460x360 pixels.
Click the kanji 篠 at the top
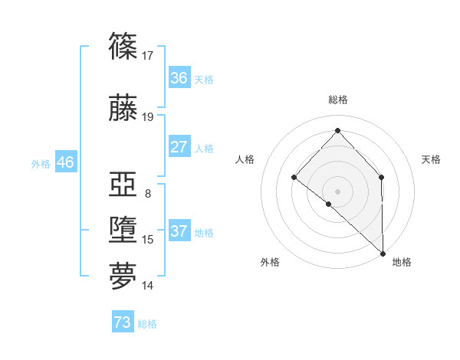point(123,47)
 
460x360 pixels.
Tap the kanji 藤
point(123,108)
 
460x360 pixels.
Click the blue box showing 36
point(179,78)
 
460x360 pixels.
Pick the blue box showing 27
point(179,147)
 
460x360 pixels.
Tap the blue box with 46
point(65,162)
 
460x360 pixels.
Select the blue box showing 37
point(179,231)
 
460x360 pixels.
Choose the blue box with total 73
point(123,322)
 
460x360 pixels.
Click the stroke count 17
point(148,55)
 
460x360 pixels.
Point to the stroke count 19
point(148,117)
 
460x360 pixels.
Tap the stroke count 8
point(147,194)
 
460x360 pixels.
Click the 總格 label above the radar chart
point(337,100)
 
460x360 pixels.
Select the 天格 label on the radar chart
point(431,159)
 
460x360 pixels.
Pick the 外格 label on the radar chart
point(270,262)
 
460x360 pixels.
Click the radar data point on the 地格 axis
point(382,252)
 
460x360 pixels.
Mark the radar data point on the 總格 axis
point(337,130)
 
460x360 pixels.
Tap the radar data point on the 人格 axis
point(294,178)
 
